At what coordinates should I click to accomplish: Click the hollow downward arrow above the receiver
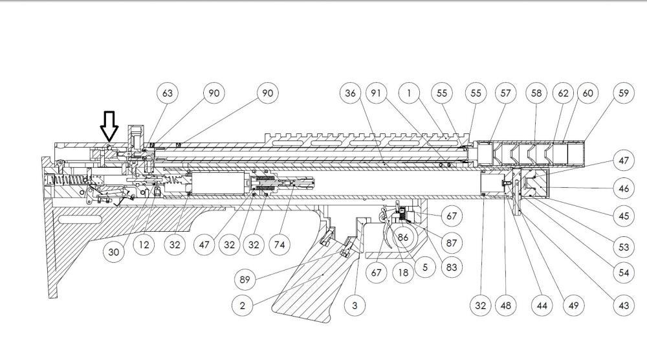pos(109,126)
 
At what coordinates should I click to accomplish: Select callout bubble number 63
pos(167,93)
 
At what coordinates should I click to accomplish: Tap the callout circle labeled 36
pos(350,93)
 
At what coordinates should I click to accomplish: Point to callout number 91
pos(376,93)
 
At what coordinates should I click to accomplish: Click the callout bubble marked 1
pos(409,93)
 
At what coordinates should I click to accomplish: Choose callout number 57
pos(505,93)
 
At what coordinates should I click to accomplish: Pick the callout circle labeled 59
pos(624,93)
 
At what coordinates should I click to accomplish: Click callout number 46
pos(624,188)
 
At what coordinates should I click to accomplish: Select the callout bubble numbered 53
pos(624,247)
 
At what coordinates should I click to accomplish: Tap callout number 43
pos(624,306)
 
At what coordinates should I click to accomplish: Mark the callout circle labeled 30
pos(113,252)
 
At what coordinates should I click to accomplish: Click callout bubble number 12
pos(144,245)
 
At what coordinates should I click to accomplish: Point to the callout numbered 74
pos(280,245)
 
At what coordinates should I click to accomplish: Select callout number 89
pos(245,280)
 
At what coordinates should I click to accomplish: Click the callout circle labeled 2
pos(242,306)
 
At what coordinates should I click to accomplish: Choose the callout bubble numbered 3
pos(355,306)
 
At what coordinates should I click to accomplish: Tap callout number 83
pos(452,267)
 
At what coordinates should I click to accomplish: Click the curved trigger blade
pos(388,233)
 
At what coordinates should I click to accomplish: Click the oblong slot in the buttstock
pos(80,219)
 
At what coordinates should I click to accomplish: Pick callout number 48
pos(505,306)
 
